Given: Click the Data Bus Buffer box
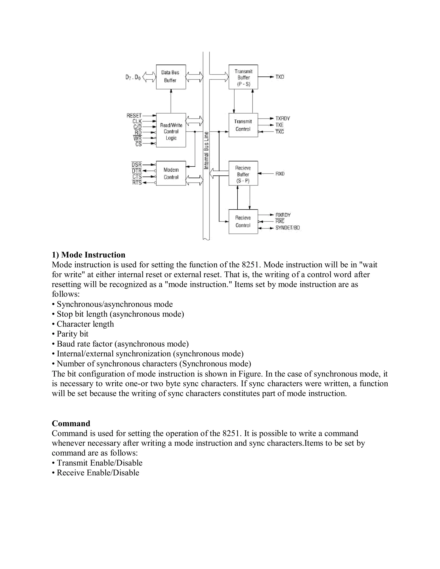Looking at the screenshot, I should [x=171, y=77].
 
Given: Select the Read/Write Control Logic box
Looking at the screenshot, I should [x=171, y=130].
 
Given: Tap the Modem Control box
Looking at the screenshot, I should [x=171, y=173].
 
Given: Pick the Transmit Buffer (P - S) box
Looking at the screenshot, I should [x=243, y=77].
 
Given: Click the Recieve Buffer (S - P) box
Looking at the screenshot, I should [x=243, y=173].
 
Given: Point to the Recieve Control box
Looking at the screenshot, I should [x=243, y=221].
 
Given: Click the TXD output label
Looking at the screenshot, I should [x=280, y=77].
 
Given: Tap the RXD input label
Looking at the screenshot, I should [x=280, y=173].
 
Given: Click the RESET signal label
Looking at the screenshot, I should [x=134, y=116].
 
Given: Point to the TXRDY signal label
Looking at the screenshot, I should [x=283, y=119].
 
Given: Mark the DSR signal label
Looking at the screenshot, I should [x=137, y=165].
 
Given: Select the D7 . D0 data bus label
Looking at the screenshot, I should [x=133, y=77].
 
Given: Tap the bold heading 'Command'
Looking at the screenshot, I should [x=71, y=423].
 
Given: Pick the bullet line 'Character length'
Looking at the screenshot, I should [x=85, y=324].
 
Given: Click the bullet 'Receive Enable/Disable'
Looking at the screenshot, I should [x=98, y=473].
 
